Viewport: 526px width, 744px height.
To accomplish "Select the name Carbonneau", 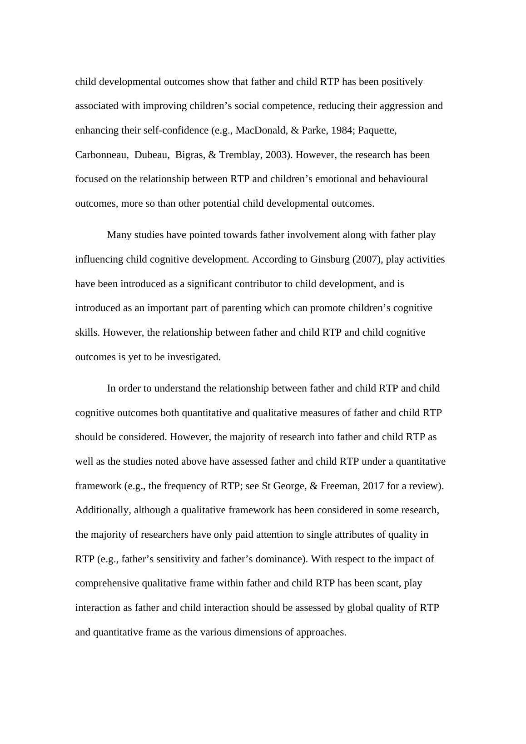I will click(x=101, y=155).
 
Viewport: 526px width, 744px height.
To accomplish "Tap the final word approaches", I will click(x=323, y=632).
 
